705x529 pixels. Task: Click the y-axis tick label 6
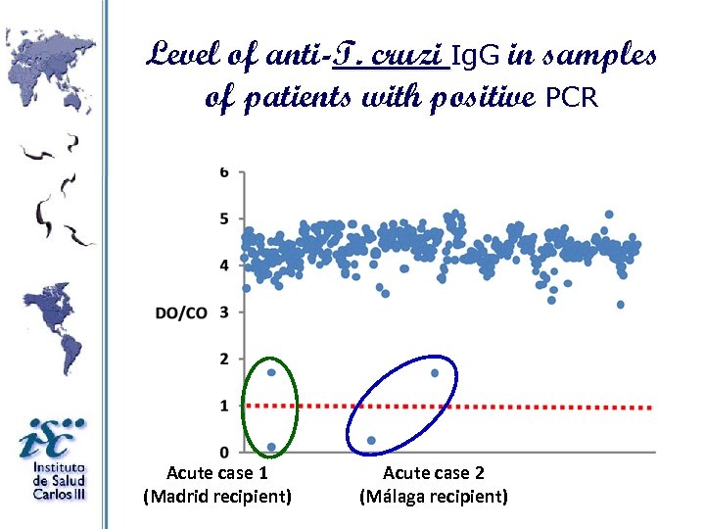224,171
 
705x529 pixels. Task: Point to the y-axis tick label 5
224,218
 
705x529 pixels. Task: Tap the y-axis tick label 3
224,312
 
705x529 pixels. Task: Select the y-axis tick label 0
224,453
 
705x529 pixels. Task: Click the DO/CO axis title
181,313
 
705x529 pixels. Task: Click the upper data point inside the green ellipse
271,372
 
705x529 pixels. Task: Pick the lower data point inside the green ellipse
271,448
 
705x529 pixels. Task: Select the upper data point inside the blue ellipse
435,372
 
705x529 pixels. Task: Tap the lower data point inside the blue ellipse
371,441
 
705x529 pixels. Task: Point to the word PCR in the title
571,98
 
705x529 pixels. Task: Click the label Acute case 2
433,473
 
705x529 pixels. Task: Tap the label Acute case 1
217,473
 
